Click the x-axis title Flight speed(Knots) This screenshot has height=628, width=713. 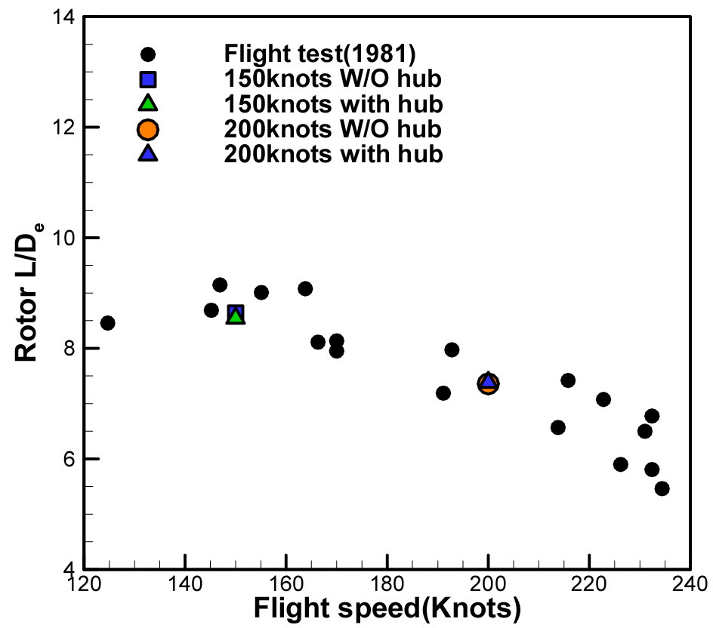pyautogui.click(x=387, y=608)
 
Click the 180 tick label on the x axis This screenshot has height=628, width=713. pyautogui.click(x=387, y=585)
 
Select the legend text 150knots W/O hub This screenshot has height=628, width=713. pyautogui.click(x=332, y=78)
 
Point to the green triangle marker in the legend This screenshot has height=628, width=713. pyautogui.click(x=148, y=103)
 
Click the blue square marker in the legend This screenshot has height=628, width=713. pyautogui.click(x=148, y=78)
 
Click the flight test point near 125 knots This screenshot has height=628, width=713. pyautogui.click(x=108, y=323)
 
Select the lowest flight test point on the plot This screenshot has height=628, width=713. pyautogui.click(x=662, y=488)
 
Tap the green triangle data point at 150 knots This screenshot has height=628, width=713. pyautogui.click(x=236, y=317)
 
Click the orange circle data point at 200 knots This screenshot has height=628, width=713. pyautogui.click(x=488, y=386)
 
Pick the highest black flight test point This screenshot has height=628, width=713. pyautogui.click(x=220, y=285)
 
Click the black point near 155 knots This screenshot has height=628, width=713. pyautogui.click(x=261, y=292)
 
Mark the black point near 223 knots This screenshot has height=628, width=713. pyautogui.click(x=603, y=399)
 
